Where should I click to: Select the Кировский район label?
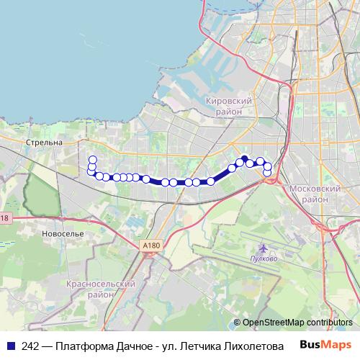[228, 107]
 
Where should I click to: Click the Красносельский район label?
[101, 289]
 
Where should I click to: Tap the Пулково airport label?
[264, 258]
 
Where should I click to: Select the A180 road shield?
[150, 246]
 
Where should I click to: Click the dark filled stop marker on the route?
[244, 159]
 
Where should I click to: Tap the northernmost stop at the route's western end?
[92, 160]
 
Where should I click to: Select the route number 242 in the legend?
[30, 346]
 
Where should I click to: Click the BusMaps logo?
[325, 344]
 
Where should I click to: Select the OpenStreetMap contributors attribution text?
[297, 323]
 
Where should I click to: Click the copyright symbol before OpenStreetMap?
[237, 323]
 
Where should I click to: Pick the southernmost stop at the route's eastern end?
[267, 173]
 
